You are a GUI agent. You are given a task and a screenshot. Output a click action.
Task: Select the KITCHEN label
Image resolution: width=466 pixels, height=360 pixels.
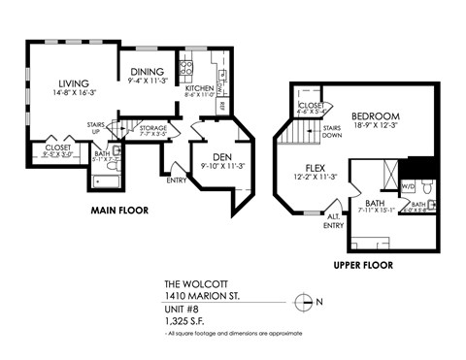pos(198,88)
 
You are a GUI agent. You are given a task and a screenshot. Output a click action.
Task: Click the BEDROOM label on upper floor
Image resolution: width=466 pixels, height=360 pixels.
pos(372,113)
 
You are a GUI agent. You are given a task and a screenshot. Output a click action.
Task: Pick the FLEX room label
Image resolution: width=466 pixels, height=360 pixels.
pos(316,166)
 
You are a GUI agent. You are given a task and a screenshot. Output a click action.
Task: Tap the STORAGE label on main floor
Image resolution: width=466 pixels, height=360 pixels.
pos(153,127)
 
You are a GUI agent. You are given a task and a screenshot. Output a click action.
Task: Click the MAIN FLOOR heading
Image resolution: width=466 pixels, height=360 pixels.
pos(119,210)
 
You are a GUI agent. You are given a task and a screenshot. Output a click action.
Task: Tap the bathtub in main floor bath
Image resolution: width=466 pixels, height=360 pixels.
pos(104,179)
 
